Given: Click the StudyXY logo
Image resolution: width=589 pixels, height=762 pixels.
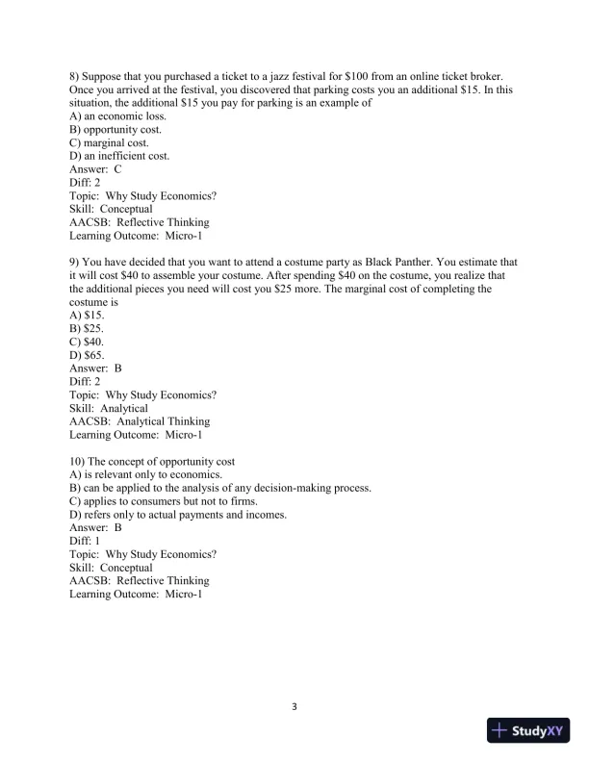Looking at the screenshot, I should [529, 730].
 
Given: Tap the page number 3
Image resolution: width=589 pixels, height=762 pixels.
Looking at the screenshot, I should [294, 707].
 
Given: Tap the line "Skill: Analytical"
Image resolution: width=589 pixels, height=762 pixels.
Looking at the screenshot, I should [109, 408].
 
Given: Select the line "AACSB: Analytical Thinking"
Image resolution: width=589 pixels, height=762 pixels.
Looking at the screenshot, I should [140, 421].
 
